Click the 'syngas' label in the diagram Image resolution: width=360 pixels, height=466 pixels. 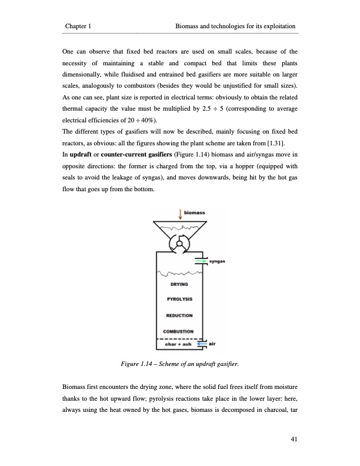point(217,261)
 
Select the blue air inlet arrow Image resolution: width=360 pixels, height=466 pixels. point(202,344)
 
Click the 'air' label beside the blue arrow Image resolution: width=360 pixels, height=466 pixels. point(215,344)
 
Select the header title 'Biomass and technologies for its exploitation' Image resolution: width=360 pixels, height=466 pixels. point(235,27)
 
